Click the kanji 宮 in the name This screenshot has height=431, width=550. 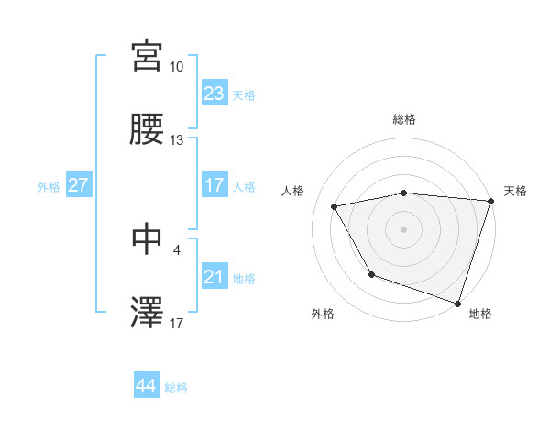point(148,57)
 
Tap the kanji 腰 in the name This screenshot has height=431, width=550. point(148,131)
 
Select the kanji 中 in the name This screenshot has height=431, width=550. point(148,238)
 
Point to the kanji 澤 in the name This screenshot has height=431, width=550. point(148,313)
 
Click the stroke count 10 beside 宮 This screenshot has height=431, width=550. point(177,67)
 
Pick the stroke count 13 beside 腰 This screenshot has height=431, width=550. point(177,140)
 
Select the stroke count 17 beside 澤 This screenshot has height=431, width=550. point(177,322)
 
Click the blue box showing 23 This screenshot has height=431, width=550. point(214,94)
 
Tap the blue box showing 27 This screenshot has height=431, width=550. point(79,185)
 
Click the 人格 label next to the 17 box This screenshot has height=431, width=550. point(244,186)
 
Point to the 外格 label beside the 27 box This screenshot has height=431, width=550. point(49,186)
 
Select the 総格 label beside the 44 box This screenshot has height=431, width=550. point(176,388)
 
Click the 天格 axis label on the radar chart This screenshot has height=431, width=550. point(515,191)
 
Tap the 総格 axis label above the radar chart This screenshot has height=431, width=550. point(404,119)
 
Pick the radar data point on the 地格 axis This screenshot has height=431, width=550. point(457,303)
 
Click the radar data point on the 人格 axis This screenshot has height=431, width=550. point(335,206)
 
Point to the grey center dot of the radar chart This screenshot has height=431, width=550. point(404,228)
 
